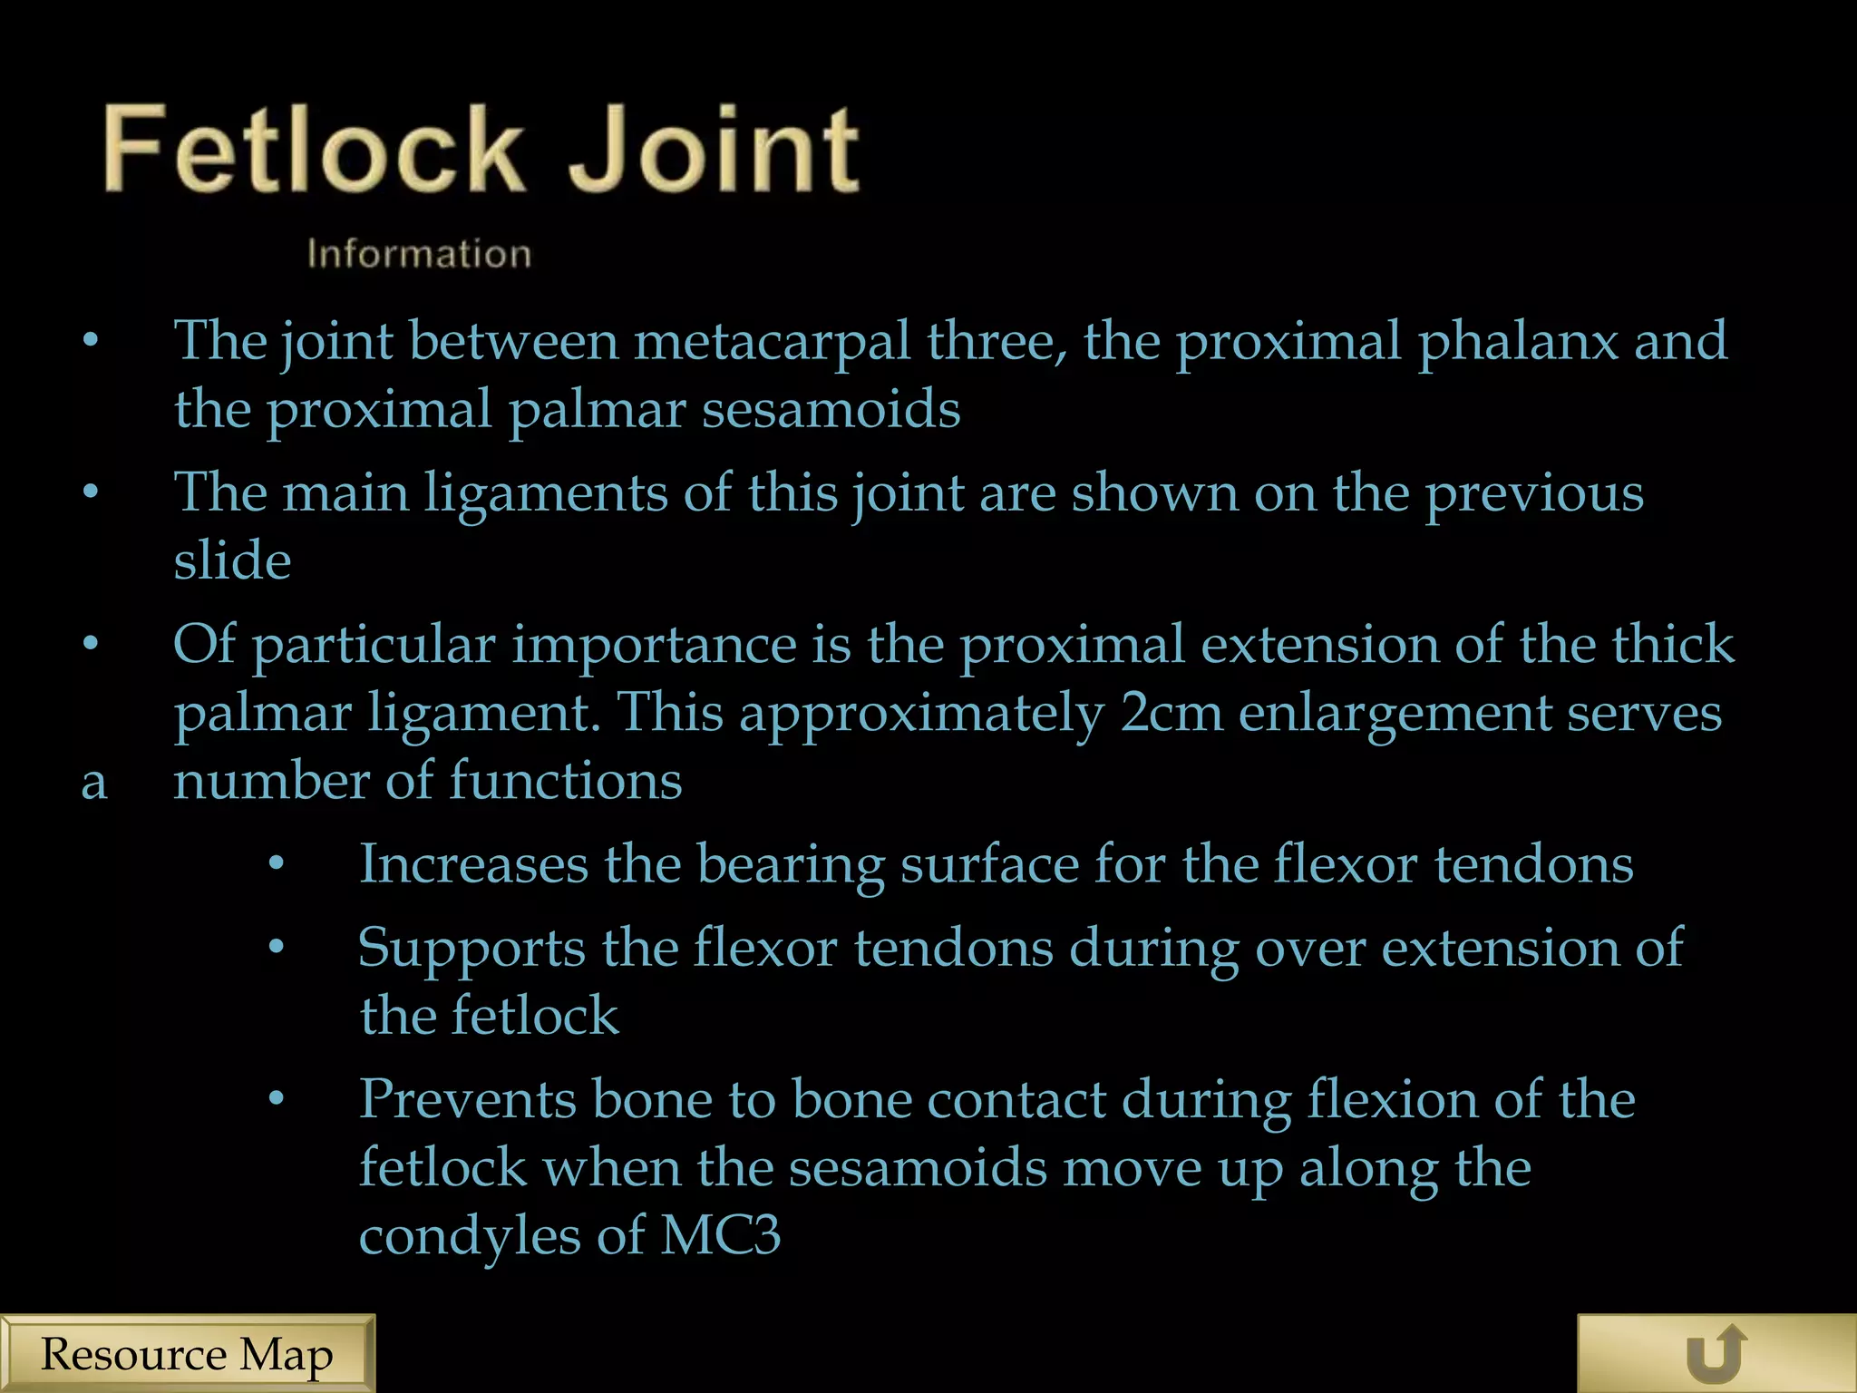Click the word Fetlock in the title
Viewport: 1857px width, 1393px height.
pyautogui.click(x=313, y=150)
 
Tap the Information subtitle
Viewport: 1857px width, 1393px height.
pyautogui.click(x=419, y=254)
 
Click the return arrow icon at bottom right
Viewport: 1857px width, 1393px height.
pyautogui.click(x=1716, y=1354)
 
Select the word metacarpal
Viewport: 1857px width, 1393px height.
pyautogui.click(x=771, y=342)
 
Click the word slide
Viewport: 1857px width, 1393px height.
pyautogui.click(x=232, y=560)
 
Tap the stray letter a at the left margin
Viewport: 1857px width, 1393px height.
pyautogui.click(x=93, y=783)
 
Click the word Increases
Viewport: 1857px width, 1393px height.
pyautogui.click(x=473, y=863)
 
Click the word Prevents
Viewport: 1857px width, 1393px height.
pyautogui.click(x=468, y=1099)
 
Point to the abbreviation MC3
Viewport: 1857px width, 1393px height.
pyautogui.click(x=720, y=1235)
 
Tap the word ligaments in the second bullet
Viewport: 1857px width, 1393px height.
pyautogui.click(x=546, y=495)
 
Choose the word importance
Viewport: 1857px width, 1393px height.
pyautogui.click(x=654, y=646)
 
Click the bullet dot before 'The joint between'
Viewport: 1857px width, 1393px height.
pyautogui.click(x=90, y=342)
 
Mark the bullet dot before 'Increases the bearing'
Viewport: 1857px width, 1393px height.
pyautogui.click(x=277, y=864)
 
